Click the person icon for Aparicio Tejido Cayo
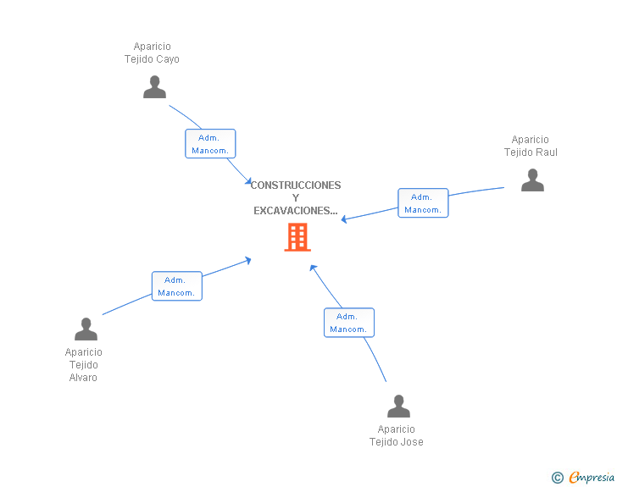coord(154,87)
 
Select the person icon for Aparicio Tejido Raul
coord(532,180)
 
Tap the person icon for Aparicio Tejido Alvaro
coord(86,329)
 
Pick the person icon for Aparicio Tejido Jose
coord(398,407)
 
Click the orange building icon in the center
coord(297,237)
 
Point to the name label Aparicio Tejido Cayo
coord(152,53)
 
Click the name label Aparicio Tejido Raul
coord(531,147)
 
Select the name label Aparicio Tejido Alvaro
coord(83,365)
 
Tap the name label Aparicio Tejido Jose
coord(397,435)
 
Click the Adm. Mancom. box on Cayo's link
coord(210,144)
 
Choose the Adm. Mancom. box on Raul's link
coord(423,203)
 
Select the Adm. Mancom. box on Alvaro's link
coord(176,286)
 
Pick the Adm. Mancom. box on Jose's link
coord(348,323)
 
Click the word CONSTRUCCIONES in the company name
coord(296,185)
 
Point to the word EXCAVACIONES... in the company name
coord(296,211)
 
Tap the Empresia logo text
coord(592,478)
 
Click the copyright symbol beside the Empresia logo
coord(557,478)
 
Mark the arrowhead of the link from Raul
coord(344,220)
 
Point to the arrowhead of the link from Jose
coord(313,268)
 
